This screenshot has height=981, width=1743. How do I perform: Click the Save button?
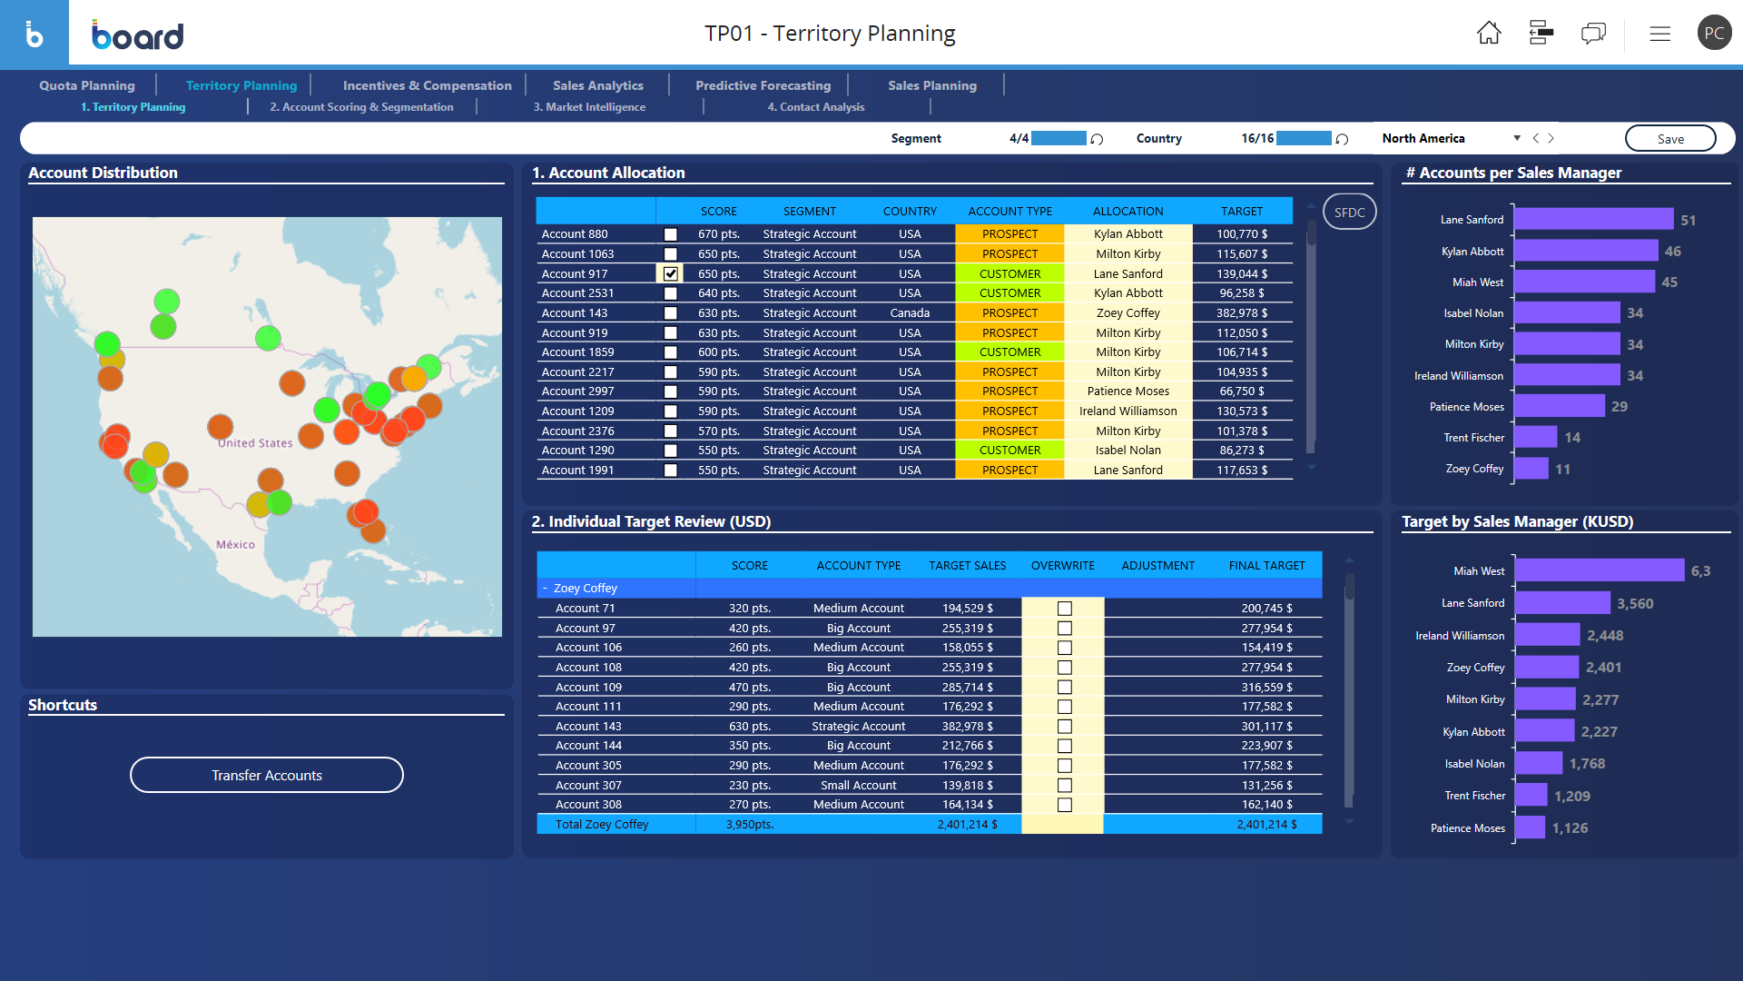coord(1669,139)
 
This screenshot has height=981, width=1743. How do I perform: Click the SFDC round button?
coord(1349,213)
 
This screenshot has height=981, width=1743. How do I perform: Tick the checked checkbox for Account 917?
coord(671,273)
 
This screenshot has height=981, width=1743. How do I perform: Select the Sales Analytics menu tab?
coord(597,85)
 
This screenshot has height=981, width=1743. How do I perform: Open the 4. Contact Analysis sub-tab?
coord(815,107)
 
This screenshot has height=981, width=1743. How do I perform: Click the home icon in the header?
coord(1489,34)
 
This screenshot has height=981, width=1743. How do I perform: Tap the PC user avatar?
coord(1713,34)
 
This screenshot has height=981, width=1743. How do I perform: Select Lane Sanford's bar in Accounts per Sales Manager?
coord(1593,220)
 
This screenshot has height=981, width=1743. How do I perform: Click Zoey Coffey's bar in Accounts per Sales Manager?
coord(1531,469)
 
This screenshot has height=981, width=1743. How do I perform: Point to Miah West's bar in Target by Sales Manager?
coord(1599,570)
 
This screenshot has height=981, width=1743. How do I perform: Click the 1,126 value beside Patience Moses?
coord(1570,828)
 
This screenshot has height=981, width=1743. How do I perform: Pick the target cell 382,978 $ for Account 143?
coord(1241,313)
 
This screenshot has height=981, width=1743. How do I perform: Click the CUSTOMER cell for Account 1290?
coord(1009,451)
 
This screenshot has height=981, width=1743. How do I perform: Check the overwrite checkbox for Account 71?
coord(1065,609)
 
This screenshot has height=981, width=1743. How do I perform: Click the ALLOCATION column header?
coord(1128,212)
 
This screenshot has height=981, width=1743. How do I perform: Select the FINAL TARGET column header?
coord(1266,566)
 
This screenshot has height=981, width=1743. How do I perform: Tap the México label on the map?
coord(235,545)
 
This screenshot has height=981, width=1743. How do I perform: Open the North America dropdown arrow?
coord(1517,138)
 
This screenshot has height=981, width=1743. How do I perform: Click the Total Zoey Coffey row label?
coord(602,825)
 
